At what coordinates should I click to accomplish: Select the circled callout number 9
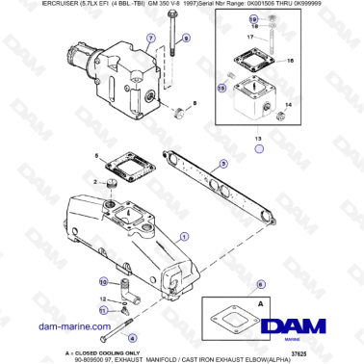[186, 38]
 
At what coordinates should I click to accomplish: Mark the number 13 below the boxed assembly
[256, 139]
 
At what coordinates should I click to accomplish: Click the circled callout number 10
[103, 281]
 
